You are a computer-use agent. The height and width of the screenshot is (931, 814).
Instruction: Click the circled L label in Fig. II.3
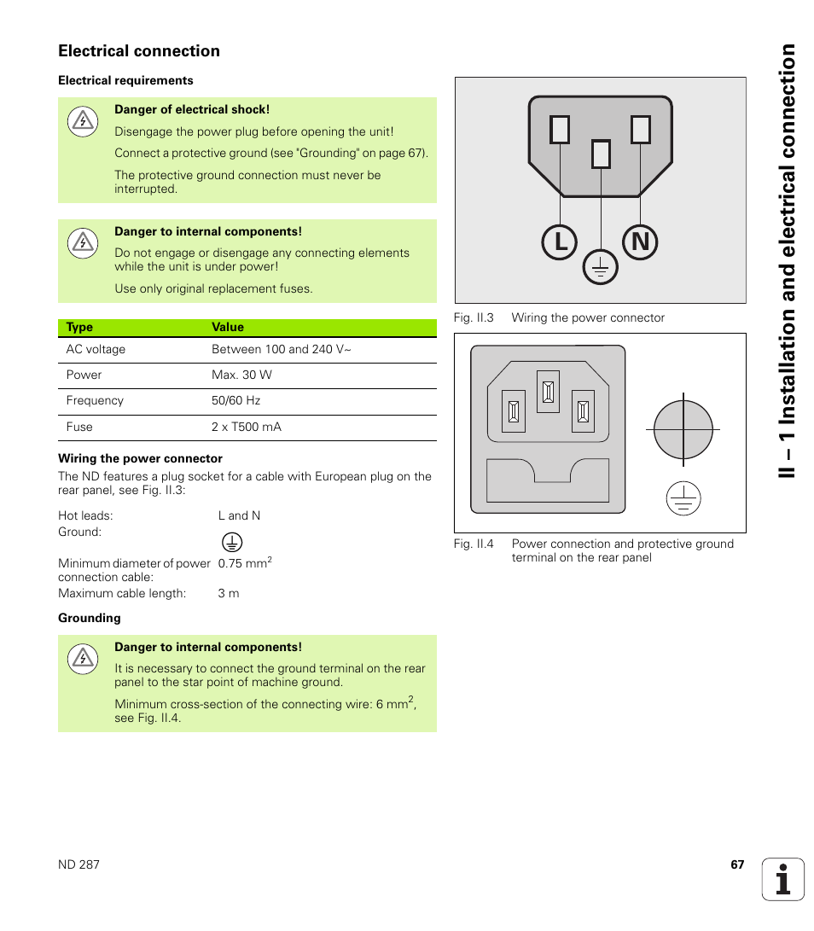click(x=560, y=243)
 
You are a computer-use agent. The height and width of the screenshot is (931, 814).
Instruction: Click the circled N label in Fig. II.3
click(x=640, y=243)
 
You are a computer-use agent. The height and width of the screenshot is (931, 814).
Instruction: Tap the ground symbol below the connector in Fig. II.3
click(x=600, y=268)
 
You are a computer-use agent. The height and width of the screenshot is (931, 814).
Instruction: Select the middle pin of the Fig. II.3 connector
click(x=601, y=154)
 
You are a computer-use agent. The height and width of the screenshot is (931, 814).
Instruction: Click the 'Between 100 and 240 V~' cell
click(x=281, y=349)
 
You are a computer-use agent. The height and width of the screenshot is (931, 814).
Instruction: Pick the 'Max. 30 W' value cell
click(x=241, y=375)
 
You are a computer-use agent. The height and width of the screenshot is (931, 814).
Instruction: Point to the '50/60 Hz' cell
click(x=235, y=400)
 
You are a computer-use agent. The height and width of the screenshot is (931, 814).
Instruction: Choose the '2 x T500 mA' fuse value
click(x=246, y=427)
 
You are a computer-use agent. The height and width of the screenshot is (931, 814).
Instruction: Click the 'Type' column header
click(x=79, y=327)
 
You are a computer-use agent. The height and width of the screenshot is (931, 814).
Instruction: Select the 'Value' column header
click(x=228, y=327)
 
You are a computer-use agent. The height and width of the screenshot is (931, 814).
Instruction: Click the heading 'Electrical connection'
click(x=139, y=51)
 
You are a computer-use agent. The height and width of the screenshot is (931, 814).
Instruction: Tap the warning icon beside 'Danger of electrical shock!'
click(x=82, y=121)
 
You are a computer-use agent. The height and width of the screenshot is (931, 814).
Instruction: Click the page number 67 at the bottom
click(x=737, y=864)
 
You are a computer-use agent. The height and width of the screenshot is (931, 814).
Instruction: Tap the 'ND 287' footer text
click(x=78, y=864)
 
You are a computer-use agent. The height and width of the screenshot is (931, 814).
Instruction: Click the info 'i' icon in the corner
click(x=783, y=879)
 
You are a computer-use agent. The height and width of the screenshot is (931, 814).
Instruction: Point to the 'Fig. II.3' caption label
click(x=474, y=317)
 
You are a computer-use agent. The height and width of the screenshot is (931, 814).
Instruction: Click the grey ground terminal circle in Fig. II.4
click(x=683, y=429)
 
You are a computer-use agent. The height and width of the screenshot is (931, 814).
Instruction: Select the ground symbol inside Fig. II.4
click(x=683, y=498)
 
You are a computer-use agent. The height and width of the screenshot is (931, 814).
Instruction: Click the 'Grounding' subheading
click(x=90, y=618)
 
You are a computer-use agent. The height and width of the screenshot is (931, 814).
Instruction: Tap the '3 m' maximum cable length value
click(x=229, y=593)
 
